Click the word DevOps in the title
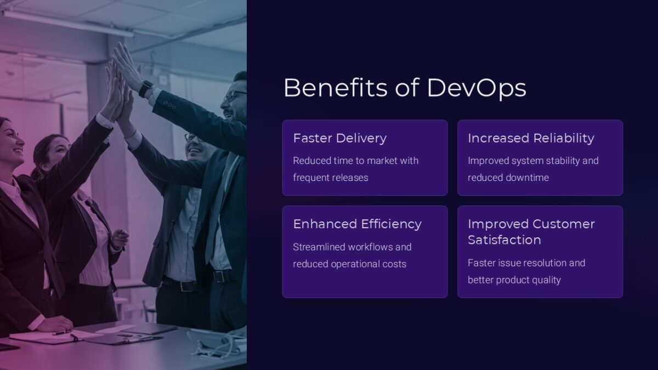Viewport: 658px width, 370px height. click(476, 88)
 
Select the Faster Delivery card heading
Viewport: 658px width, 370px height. click(339, 138)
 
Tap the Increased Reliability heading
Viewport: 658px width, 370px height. click(531, 138)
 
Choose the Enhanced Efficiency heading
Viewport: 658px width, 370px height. click(357, 224)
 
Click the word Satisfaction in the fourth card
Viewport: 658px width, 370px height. click(504, 240)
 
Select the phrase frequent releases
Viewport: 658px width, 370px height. click(330, 178)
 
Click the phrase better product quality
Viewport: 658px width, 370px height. click(514, 280)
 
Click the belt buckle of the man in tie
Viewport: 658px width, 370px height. click(223, 276)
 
